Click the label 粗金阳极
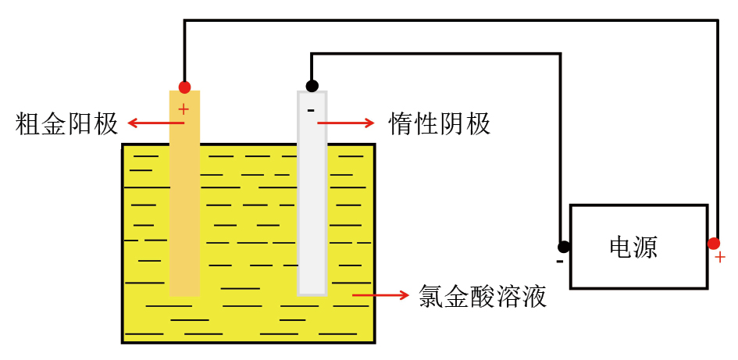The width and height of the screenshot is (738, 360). point(66,124)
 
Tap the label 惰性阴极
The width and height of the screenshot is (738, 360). point(440,124)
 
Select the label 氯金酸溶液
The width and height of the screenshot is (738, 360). point(483,296)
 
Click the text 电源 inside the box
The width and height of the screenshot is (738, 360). point(633,247)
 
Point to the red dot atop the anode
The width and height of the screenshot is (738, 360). point(184,87)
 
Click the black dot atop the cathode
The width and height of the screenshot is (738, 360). point(312,86)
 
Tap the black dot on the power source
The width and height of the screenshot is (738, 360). point(563,247)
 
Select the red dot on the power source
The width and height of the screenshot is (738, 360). point(714,244)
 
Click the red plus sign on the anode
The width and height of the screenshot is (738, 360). point(184,109)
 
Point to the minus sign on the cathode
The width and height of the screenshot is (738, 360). point(311,111)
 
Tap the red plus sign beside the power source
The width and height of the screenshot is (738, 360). point(719,258)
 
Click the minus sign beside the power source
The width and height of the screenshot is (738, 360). point(560,261)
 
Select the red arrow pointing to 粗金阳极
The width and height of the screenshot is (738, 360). point(155,123)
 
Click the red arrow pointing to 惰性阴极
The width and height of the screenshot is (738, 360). point(346,123)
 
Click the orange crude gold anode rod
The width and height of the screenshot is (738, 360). point(184,193)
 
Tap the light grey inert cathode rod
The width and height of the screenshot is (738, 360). point(312,193)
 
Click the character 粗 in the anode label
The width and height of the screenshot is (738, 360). point(27,124)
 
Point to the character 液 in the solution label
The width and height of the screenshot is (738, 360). point(534,296)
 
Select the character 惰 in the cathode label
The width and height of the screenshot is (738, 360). point(401,124)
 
